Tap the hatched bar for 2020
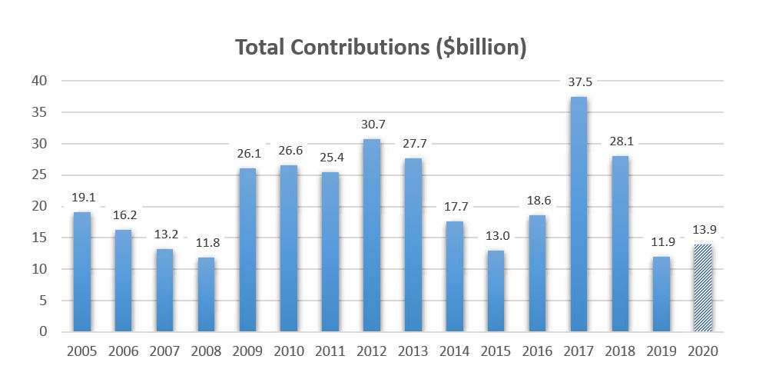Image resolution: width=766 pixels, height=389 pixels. point(702,288)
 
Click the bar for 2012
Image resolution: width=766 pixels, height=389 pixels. point(372,235)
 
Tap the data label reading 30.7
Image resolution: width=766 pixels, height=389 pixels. point(372,124)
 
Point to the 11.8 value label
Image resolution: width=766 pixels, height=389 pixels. point(207,242)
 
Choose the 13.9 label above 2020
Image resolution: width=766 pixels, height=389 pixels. point(702,229)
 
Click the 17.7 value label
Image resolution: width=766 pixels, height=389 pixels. point(454,206)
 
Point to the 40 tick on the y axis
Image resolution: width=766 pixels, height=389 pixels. point(38,81)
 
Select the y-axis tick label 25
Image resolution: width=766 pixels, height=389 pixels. point(38,175)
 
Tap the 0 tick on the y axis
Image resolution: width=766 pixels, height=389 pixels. point(43,332)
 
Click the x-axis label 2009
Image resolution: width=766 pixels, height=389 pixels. point(247,351)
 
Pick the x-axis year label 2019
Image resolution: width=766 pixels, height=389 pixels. point(661,351)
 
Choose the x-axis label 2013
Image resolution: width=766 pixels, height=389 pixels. point(413,351)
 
